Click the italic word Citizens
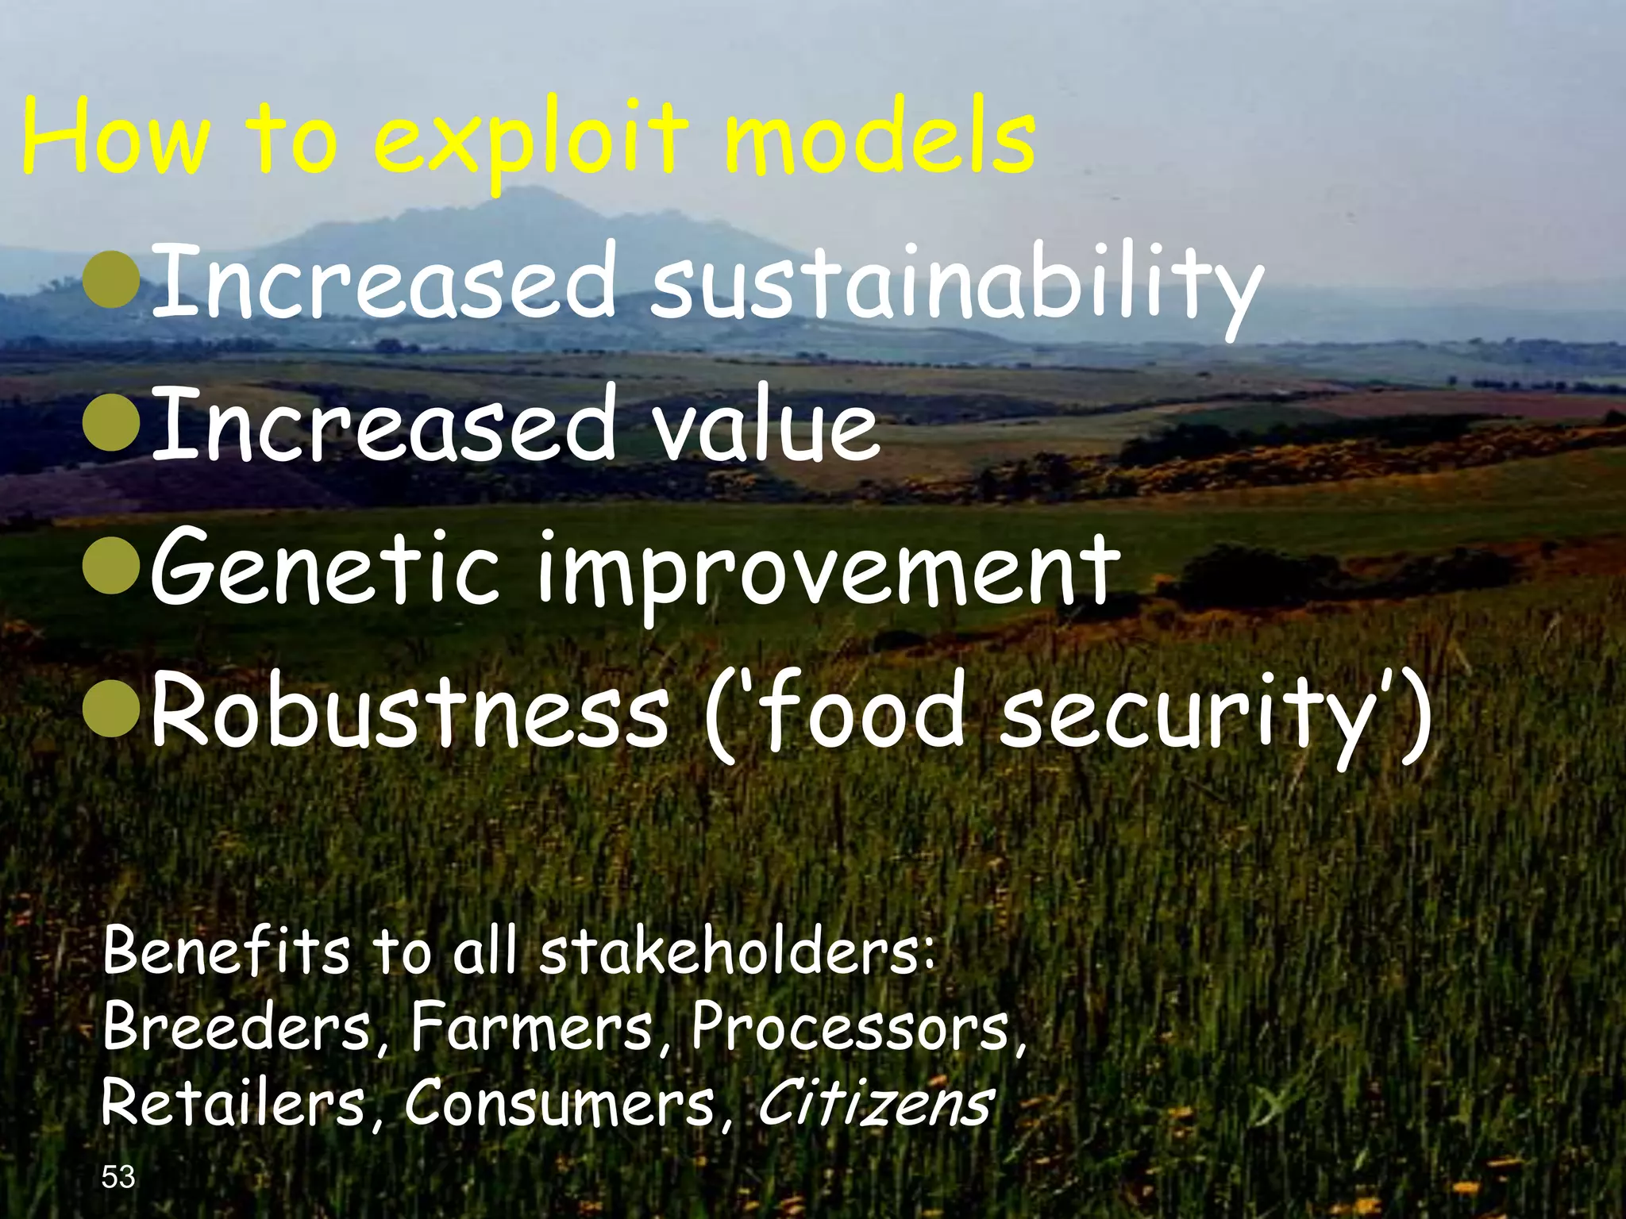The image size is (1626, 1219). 873,1103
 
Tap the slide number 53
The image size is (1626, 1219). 119,1178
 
